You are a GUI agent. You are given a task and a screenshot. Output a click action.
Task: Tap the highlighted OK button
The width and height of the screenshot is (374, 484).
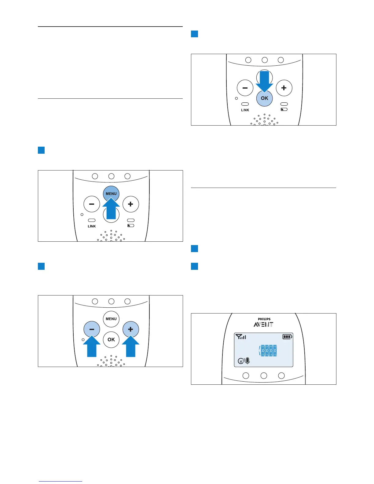tap(265, 98)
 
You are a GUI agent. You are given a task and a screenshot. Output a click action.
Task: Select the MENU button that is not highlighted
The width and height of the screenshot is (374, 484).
tap(111, 319)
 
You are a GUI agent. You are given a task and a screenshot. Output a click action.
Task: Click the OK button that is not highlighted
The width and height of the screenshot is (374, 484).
tap(111, 339)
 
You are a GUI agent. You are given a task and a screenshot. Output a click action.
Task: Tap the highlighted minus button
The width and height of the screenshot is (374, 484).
tap(92, 329)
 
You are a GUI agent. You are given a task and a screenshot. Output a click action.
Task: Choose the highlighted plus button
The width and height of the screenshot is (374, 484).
tap(131, 329)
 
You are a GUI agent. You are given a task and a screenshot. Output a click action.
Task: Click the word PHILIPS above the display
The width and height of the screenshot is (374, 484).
tap(264, 319)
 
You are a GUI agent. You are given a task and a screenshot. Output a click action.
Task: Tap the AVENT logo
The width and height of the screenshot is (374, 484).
tap(263, 324)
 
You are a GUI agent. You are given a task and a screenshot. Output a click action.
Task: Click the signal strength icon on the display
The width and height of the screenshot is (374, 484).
tap(241, 337)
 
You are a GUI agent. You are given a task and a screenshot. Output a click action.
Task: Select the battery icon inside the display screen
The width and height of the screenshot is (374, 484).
tap(287, 337)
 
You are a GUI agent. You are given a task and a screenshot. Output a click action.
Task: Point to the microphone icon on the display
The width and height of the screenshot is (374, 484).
tap(248, 361)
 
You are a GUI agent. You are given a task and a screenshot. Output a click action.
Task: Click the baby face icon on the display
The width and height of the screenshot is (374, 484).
tap(241, 361)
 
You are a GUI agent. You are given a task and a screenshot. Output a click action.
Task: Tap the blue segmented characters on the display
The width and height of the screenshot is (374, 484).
tap(268, 351)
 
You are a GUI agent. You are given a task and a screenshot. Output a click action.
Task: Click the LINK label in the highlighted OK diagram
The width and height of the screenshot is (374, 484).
tap(245, 110)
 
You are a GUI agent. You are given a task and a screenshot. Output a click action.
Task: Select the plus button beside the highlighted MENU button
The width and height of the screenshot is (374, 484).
tap(131, 204)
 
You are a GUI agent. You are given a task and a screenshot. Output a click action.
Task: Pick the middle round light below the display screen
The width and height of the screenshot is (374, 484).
tap(264, 376)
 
